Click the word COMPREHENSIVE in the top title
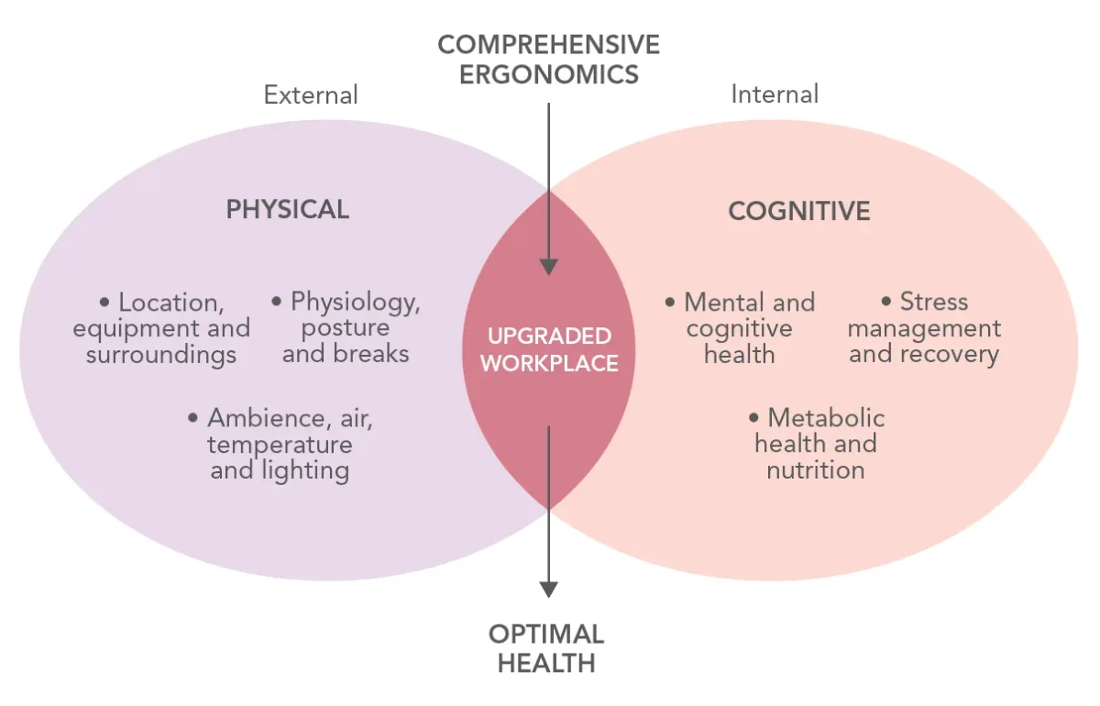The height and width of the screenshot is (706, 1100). (548, 45)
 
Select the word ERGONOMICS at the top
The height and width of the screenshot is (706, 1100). (548, 74)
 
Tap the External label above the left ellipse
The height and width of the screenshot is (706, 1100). (311, 94)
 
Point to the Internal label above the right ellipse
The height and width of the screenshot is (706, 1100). (775, 94)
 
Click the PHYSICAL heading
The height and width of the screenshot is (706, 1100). (288, 209)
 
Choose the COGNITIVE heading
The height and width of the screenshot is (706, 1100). (799, 211)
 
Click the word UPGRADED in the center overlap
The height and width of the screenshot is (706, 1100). (549, 336)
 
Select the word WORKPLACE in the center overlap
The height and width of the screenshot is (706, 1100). (549, 364)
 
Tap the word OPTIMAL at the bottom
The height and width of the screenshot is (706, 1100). (546, 634)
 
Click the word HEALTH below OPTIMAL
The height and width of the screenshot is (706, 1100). (546, 663)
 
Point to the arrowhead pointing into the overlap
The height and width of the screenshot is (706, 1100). (548, 267)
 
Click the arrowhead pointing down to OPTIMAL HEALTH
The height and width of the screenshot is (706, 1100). (548, 590)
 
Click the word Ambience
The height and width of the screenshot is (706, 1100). (266, 419)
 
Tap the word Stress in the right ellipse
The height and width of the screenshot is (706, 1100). (934, 302)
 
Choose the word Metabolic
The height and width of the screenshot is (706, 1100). (827, 418)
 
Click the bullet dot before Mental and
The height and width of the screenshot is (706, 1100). (670, 302)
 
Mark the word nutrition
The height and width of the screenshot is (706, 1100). (816, 470)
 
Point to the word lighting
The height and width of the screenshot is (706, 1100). (305, 471)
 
